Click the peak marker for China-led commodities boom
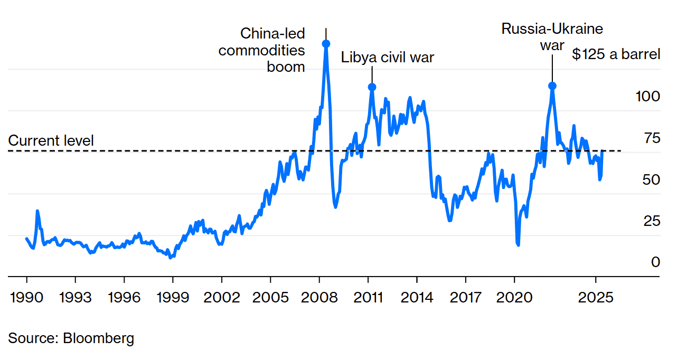326,44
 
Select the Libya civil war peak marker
372,87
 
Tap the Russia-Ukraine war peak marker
552,86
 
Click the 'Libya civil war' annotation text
387,57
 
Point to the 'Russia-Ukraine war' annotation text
552,36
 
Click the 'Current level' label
51,140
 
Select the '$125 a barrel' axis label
616,54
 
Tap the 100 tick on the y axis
648,96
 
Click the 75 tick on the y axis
652,138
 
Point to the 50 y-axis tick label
652,179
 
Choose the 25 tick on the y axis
652,221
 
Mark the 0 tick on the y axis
655,262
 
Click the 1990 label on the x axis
26,297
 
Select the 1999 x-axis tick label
173,297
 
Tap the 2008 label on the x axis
319,297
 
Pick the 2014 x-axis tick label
417,297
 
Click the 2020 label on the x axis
514,297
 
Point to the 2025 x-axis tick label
596,297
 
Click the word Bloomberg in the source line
98,338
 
